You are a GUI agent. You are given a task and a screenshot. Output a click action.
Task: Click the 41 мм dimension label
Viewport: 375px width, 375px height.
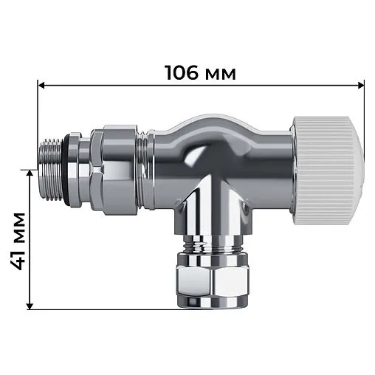19,239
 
